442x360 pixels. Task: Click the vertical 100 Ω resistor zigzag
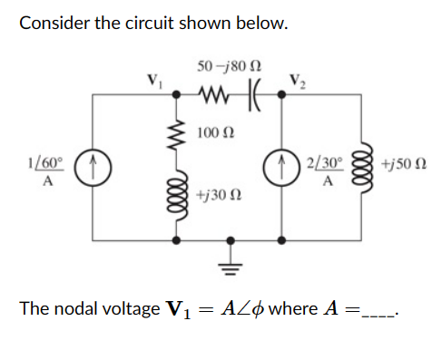[176, 129]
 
